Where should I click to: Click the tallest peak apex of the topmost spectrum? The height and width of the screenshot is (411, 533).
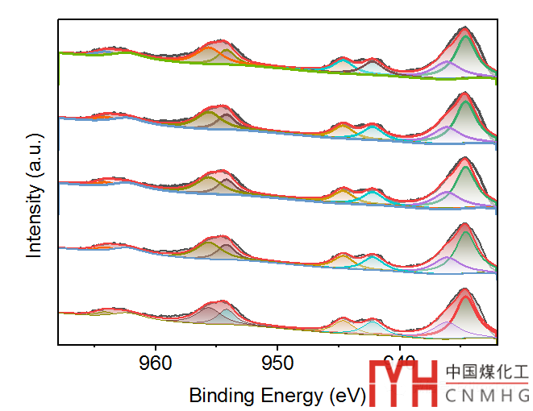point(464,28)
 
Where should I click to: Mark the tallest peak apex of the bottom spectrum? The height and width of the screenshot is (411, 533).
point(464,289)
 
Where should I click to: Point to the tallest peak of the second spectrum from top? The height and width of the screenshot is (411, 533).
point(464,93)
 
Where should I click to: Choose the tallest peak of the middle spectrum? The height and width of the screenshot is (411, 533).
point(465,159)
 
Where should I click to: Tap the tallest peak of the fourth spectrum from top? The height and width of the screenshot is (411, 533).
point(464,224)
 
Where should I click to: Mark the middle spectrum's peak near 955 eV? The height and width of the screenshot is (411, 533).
point(219,171)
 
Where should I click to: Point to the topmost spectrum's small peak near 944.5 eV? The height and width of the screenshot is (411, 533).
point(344,60)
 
